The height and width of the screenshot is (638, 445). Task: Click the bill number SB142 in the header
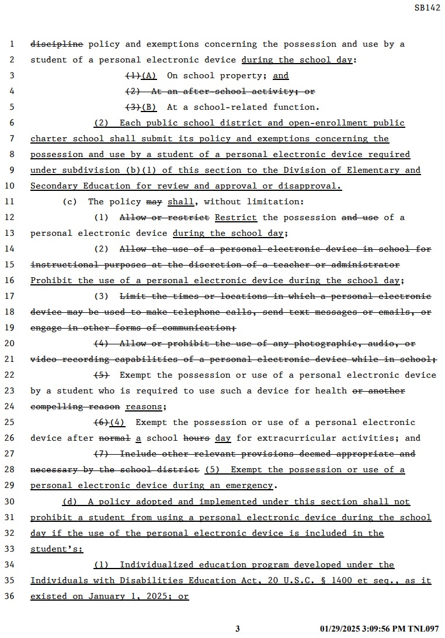point(427,8)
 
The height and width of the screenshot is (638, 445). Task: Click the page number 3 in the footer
point(238,629)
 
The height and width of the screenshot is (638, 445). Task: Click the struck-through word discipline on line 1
point(57,44)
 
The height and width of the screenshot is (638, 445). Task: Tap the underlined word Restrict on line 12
point(236,217)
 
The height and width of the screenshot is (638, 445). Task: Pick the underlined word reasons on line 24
point(144,406)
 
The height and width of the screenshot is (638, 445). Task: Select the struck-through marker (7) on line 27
point(102,454)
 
